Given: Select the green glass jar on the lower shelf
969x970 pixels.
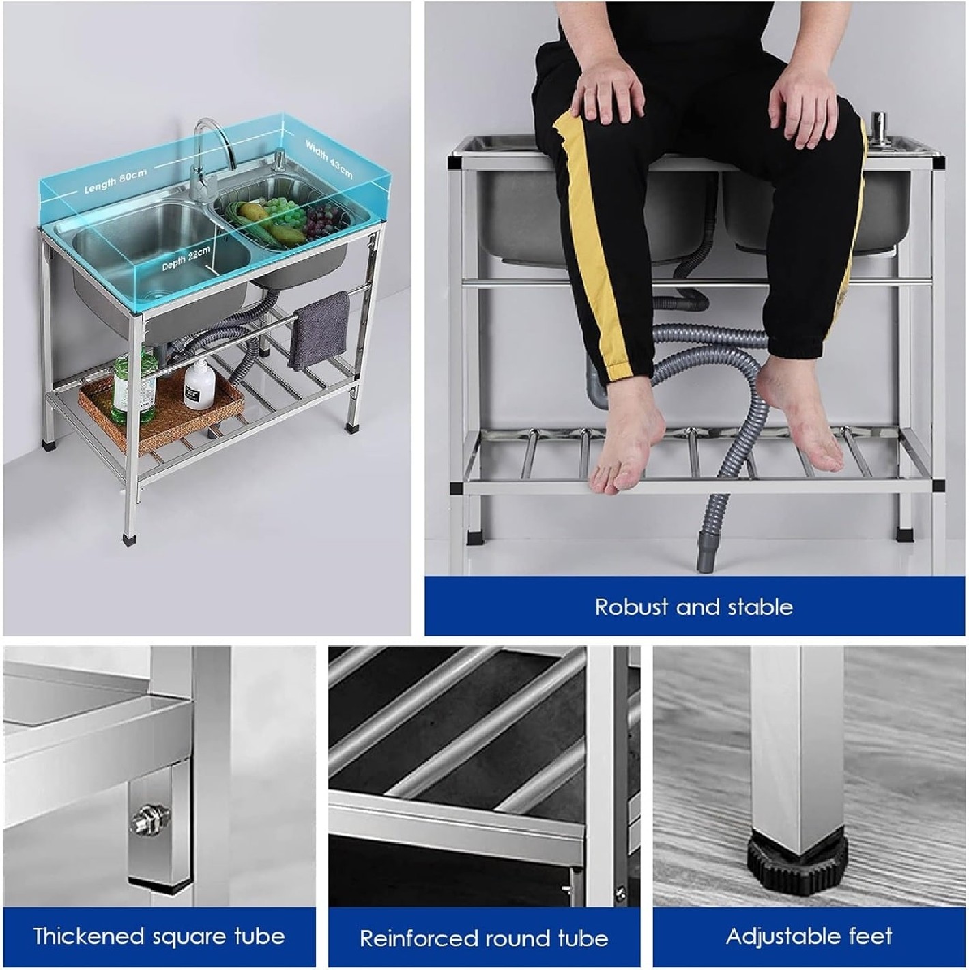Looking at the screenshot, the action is click(133, 386).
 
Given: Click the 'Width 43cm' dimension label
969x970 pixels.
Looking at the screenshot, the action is click(329, 159).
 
